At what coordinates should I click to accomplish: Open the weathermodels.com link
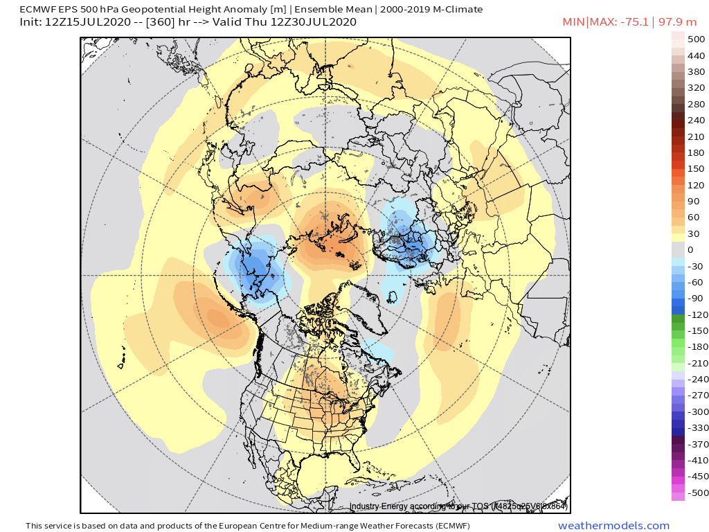pyautogui.click(x=613, y=526)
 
